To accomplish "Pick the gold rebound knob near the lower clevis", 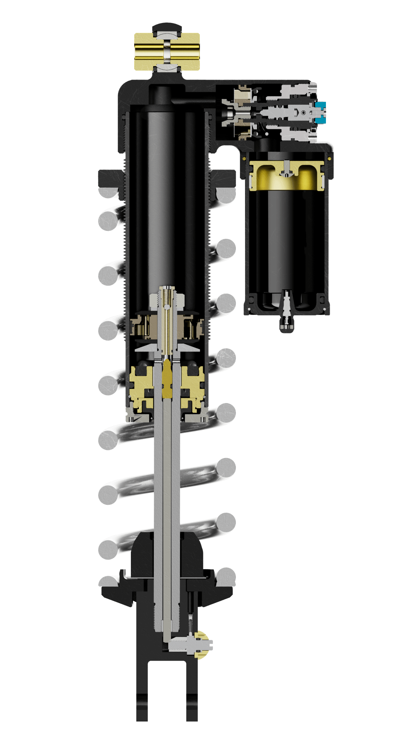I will click(202, 646).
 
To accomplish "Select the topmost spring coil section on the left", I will click(108, 192).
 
